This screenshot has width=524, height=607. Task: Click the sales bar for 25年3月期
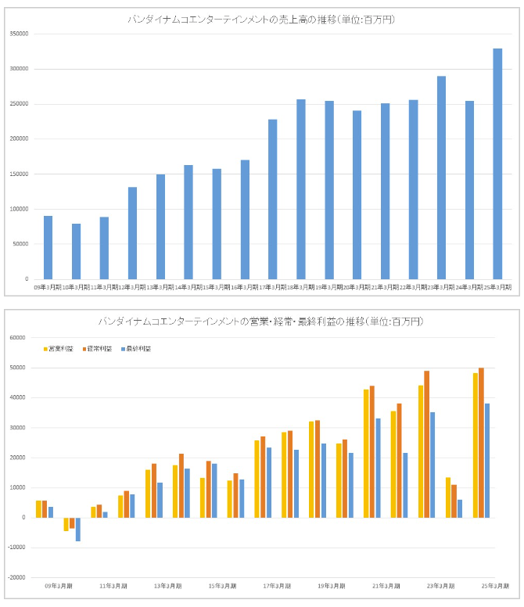[x=497, y=163]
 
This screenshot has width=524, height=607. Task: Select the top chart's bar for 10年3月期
[x=76, y=251]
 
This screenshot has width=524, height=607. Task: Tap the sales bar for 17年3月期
[x=273, y=199]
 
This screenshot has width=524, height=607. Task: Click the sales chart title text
[x=261, y=19]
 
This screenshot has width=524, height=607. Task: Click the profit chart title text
[x=261, y=321]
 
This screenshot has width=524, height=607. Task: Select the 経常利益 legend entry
[x=98, y=348]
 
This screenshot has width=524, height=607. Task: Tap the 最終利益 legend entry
[x=137, y=348]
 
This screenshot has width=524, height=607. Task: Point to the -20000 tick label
[x=17, y=577]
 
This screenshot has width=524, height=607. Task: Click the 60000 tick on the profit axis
[x=19, y=338]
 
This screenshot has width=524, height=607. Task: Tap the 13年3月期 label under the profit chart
[x=168, y=586]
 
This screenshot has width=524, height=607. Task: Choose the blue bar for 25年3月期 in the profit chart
[x=487, y=461]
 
